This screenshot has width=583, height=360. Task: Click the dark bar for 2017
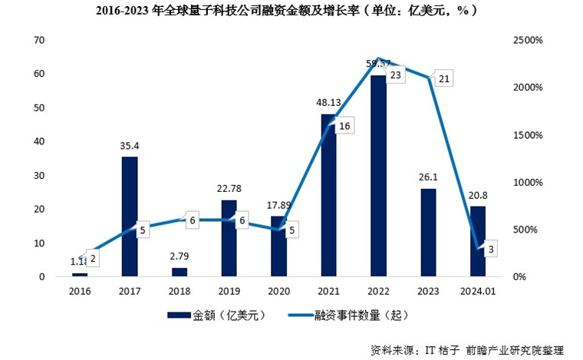pyautogui.click(x=130, y=216)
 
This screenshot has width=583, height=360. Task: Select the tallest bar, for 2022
pyautogui.click(x=377, y=177)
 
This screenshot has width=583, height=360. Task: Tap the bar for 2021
pyautogui.click(x=328, y=195)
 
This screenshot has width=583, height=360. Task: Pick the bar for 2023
pyautogui.click(x=428, y=232)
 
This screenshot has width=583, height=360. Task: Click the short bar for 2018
pyautogui.click(x=179, y=272)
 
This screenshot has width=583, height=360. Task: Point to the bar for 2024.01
pyautogui.click(x=477, y=241)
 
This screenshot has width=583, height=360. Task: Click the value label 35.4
pyautogui.click(x=130, y=145)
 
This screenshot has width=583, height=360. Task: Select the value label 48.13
pyautogui.click(x=328, y=102)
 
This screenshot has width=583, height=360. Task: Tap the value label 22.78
pyautogui.click(x=229, y=188)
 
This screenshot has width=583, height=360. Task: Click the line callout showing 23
pyautogui.click(x=396, y=75)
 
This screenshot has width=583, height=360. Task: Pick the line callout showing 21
pyautogui.click(x=444, y=78)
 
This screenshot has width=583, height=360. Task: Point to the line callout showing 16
pyautogui.click(x=344, y=126)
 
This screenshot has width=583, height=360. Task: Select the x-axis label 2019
pyautogui.click(x=229, y=292)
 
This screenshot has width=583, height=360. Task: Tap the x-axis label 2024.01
pyautogui.click(x=477, y=292)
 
